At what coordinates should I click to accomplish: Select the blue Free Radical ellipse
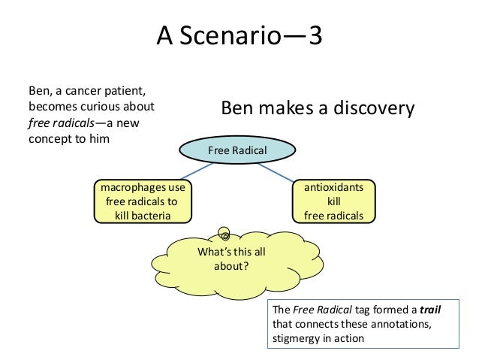236,151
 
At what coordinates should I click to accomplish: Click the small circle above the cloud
224,234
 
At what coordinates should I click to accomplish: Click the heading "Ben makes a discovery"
317,109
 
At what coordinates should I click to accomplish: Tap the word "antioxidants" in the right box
333,188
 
